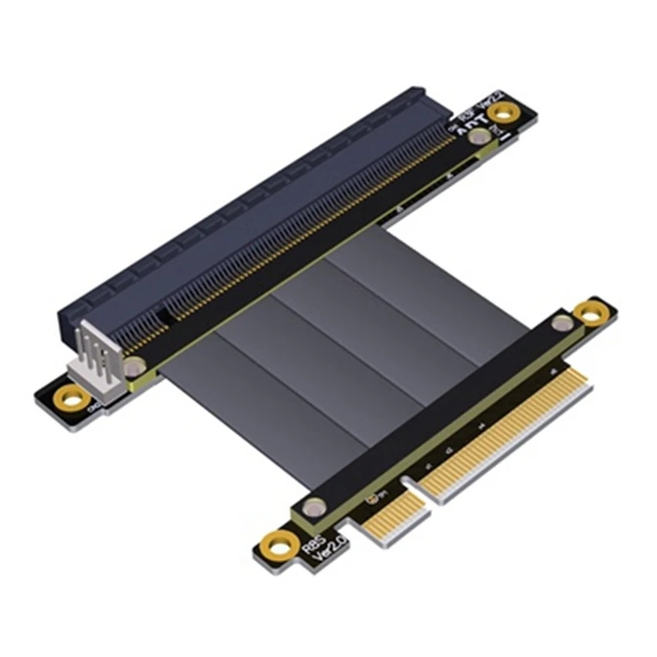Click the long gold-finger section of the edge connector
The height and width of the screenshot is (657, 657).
pyautogui.click(x=509, y=435)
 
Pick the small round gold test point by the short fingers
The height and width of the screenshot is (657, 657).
pyautogui.click(x=379, y=497)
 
